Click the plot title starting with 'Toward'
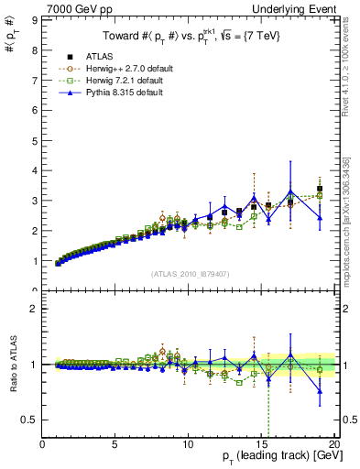click(191, 36)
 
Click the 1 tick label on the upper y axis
click(35, 261)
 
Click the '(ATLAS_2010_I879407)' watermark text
click(191, 273)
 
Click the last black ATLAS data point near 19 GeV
click(320, 189)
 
